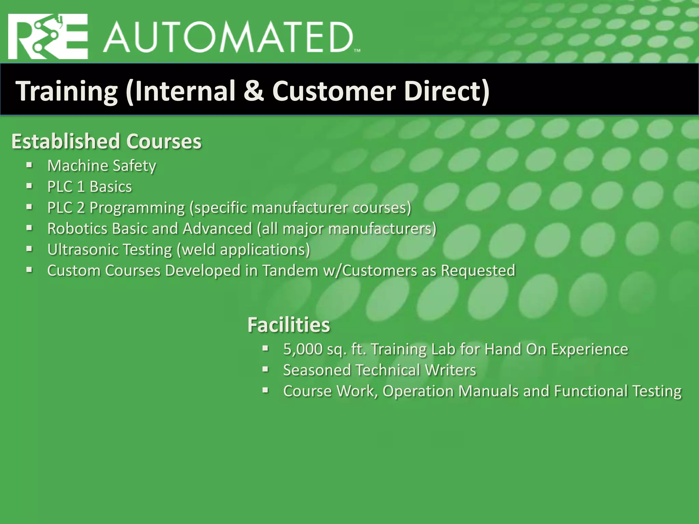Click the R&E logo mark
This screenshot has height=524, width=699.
pyautogui.click(x=48, y=37)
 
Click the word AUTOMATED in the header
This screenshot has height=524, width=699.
pyautogui.click(x=228, y=38)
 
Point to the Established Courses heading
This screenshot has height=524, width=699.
pyautogui.click(x=106, y=141)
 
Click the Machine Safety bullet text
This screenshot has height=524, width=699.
pyautogui.click(x=102, y=166)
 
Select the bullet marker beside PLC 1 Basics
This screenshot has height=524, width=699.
pyautogui.click(x=29, y=186)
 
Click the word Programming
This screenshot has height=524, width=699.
pyautogui.click(x=137, y=208)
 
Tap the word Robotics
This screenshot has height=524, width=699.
pyautogui.click(x=77, y=229)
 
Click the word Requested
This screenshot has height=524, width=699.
pyautogui.click(x=478, y=271)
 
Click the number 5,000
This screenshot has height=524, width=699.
pyautogui.click(x=303, y=349)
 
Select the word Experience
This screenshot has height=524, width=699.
pyautogui.click(x=589, y=349)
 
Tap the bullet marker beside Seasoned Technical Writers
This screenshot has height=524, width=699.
pyautogui.click(x=266, y=369)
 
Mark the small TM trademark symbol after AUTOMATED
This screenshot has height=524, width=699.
pyautogui.click(x=357, y=50)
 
